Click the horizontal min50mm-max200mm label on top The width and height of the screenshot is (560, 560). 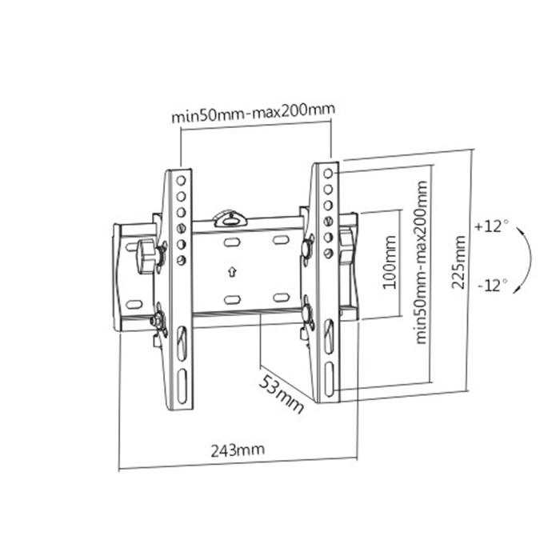253,114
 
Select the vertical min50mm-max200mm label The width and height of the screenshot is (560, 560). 422,261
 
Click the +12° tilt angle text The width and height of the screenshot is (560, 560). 490,226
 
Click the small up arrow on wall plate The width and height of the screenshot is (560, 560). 231,270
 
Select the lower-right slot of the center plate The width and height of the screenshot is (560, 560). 281,297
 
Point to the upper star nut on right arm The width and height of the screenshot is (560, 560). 307,247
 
